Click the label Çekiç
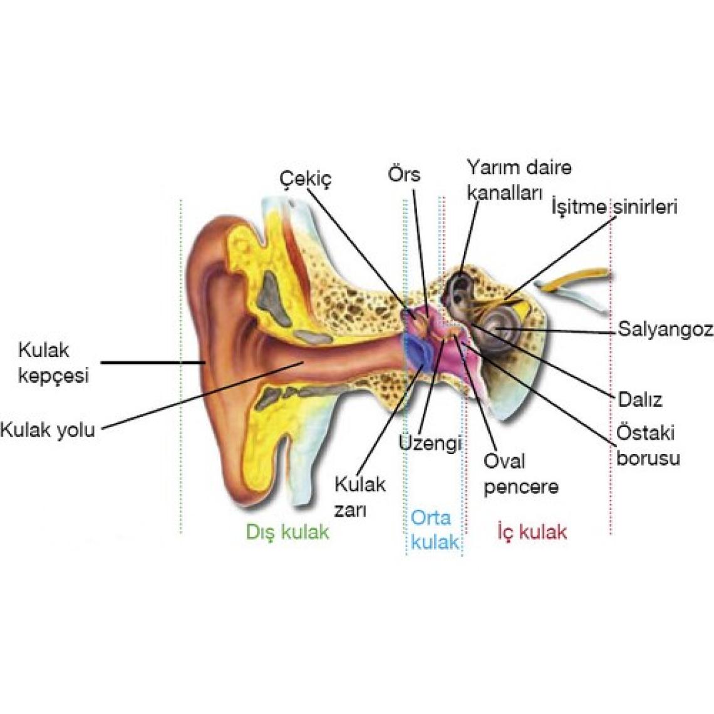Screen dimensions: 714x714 [305, 178]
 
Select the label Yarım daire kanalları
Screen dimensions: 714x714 [519, 180]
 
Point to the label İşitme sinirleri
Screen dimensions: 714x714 [614, 207]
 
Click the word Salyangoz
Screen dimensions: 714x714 [665, 329]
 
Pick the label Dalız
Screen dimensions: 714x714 [639, 400]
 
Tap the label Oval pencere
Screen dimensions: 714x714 [520, 474]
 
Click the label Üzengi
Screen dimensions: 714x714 [430, 443]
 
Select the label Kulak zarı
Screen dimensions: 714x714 [360, 497]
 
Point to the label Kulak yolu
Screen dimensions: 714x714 [48, 430]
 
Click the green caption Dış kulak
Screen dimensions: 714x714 [287, 532]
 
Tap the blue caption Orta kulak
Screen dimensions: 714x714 [434, 529]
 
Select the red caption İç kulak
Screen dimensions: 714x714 [532, 532]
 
